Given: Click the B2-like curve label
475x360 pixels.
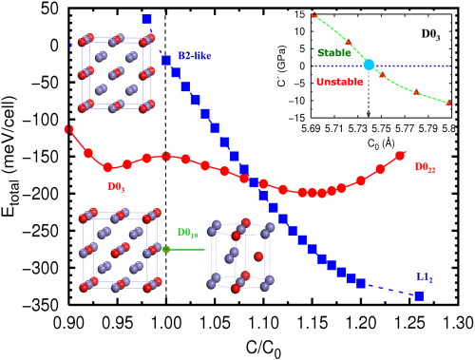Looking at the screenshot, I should click(x=195, y=56).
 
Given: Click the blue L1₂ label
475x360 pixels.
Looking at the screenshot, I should click(x=427, y=275).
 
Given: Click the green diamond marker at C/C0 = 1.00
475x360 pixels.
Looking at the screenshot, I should click(x=166, y=249).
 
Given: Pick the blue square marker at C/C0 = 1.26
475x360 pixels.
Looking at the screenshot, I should click(x=419, y=296).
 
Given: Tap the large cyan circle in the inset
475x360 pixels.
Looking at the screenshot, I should click(x=370, y=66).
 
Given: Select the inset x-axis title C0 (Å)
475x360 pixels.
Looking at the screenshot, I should click(x=369, y=140).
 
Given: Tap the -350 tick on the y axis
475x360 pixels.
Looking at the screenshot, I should click(x=42, y=305).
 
